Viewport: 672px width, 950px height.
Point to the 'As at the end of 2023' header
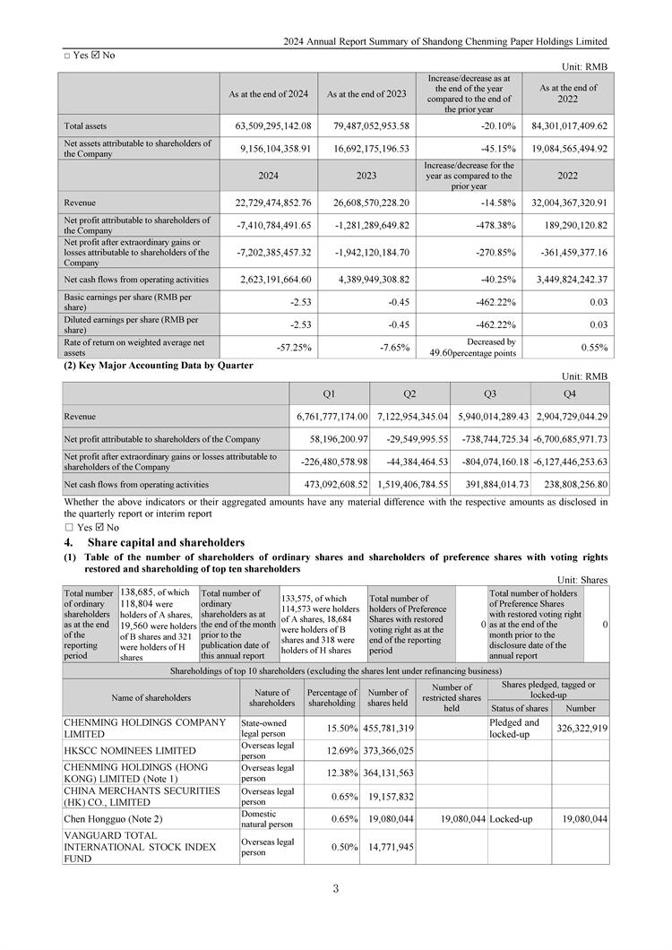(366, 93)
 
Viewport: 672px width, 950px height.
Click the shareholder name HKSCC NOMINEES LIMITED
(130, 750)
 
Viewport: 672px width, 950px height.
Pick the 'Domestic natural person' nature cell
(267, 819)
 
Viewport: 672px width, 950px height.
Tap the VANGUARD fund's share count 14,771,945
(390, 847)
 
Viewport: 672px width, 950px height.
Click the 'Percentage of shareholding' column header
(332, 697)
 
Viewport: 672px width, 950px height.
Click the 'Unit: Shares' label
(582, 580)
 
